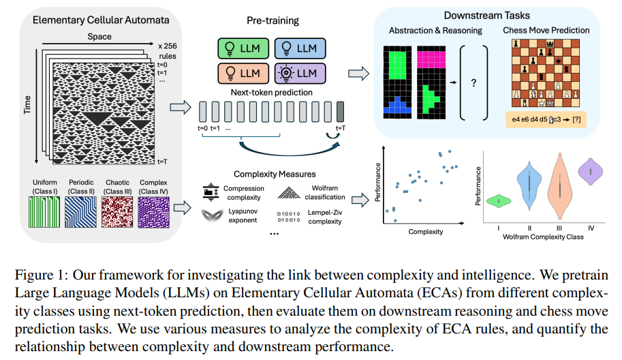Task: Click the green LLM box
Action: tap(243, 48)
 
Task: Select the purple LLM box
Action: tap(300, 74)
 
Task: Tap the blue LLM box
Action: tap(300, 48)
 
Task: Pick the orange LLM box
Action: tap(243, 74)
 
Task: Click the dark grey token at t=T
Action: tap(340, 112)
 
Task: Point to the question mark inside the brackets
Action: tap(473, 83)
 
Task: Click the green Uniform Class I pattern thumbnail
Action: tap(44, 212)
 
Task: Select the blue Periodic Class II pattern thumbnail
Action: tap(80, 212)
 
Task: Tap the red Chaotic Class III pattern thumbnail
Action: tap(117, 212)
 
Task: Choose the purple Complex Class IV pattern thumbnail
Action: tap(153, 212)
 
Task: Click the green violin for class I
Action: tap(499, 201)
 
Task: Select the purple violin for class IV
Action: tap(591, 171)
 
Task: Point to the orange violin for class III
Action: tap(560, 186)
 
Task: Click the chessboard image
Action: tap(546, 73)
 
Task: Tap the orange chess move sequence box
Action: tap(546, 119)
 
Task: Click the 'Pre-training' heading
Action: tap(273, 20)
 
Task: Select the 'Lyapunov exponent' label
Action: tap(243, 216)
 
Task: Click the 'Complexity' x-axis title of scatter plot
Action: tap(426, 232)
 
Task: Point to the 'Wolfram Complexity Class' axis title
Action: tap(543, 237)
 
